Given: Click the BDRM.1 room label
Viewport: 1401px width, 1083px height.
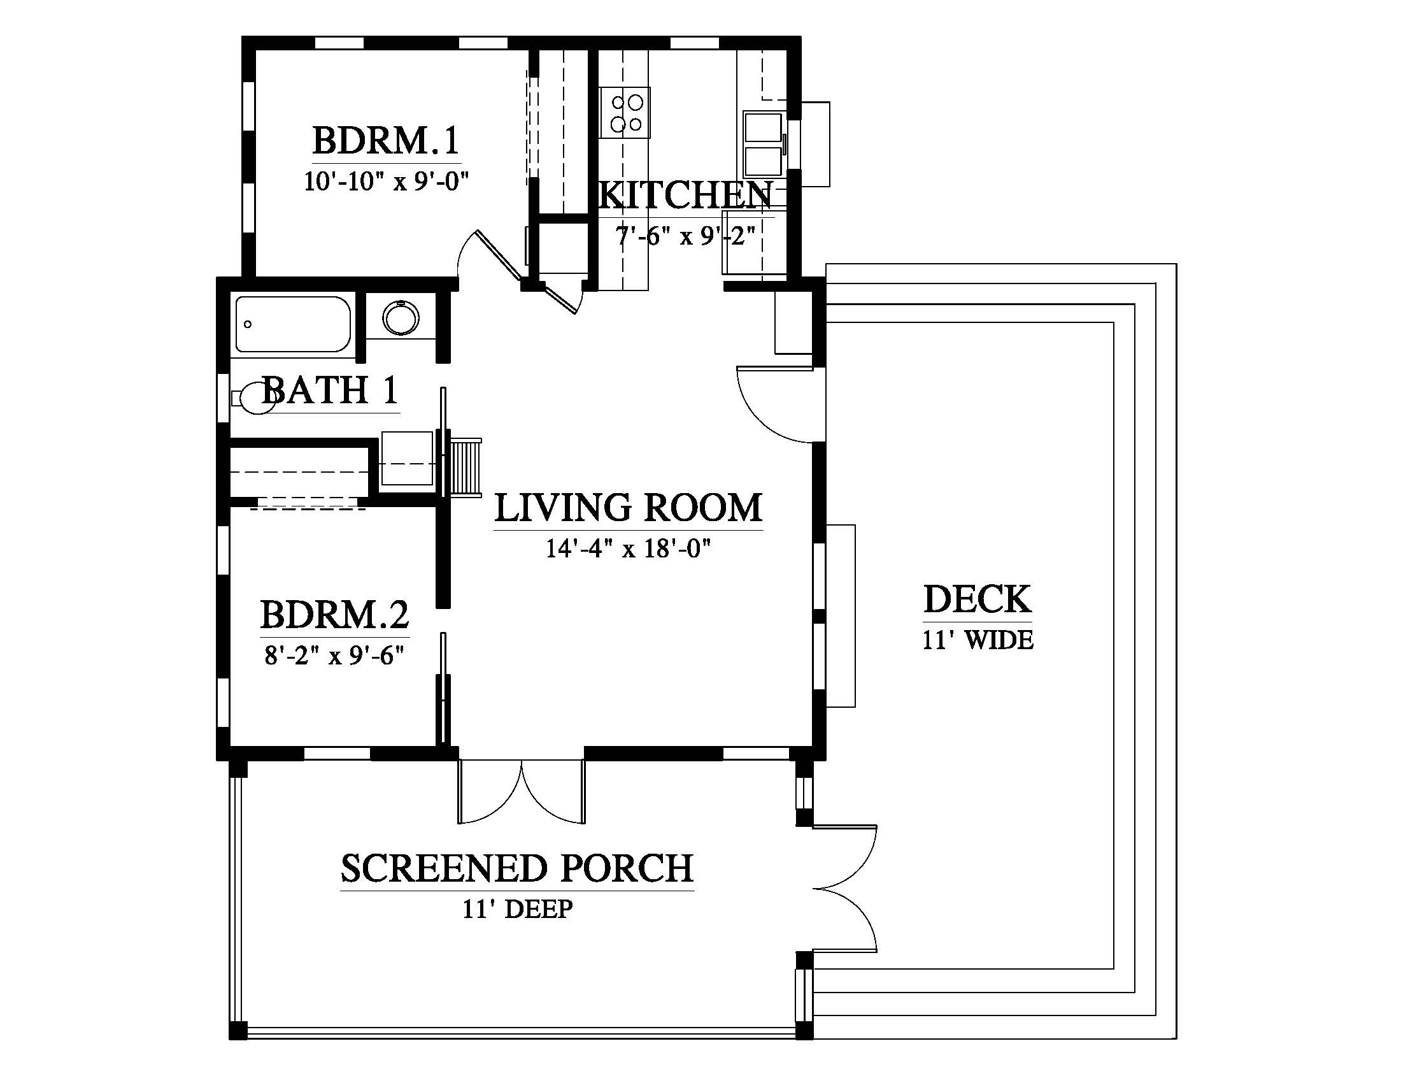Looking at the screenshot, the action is coord(386,141).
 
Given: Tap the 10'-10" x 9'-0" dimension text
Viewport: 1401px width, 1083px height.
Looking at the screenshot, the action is coord(386,182).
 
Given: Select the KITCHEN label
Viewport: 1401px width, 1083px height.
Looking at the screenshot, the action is coord(685,195).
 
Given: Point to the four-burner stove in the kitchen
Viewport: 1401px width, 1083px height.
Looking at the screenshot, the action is coord(625,112).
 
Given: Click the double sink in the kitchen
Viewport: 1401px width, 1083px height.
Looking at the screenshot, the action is coord(764,145).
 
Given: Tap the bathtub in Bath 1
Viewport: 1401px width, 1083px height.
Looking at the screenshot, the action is coord(292,324).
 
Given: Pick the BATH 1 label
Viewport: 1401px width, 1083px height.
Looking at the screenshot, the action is coord(331,390).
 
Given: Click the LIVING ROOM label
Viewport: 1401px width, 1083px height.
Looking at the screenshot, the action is coord(629,508).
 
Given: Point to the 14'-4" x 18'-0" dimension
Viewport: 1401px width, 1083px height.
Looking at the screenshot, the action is coord(629,549).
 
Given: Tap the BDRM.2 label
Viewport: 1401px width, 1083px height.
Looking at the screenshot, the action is coord(335,615).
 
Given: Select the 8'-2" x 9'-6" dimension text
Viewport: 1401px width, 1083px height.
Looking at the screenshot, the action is coord(334,656).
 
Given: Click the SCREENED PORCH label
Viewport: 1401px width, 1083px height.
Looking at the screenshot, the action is coord(517,868).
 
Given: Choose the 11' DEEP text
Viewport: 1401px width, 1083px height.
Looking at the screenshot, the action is coord(518,909).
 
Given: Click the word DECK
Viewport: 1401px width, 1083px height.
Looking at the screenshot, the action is coord(978,599).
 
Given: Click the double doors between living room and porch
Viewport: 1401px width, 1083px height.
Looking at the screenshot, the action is coord(521,792).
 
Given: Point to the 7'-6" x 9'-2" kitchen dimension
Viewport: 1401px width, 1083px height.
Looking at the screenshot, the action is coord(685,236).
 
